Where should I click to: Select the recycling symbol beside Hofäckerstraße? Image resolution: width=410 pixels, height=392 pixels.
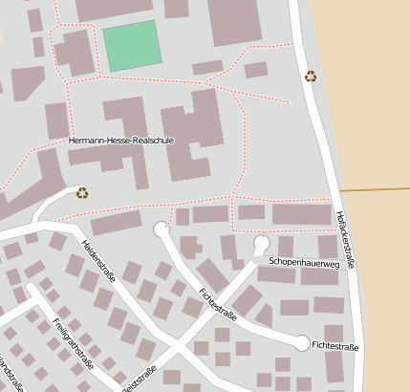pos(310,76)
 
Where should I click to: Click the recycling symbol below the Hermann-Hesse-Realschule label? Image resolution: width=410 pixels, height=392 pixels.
pos(82,192)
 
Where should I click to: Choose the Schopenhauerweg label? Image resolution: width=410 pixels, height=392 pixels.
pos(304,261)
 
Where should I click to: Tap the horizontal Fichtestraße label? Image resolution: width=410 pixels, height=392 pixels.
pos(334,346)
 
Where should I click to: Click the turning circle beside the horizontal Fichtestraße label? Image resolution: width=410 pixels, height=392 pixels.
pos(302,343)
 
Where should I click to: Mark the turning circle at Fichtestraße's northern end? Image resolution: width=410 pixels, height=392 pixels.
pos(161,229)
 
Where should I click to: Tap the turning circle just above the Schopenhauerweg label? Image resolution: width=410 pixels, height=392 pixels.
pos(261,241)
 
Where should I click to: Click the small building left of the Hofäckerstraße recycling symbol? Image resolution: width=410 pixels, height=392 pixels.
pos(255,70)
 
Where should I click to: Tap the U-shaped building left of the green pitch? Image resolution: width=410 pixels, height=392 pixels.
pos(76,53)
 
